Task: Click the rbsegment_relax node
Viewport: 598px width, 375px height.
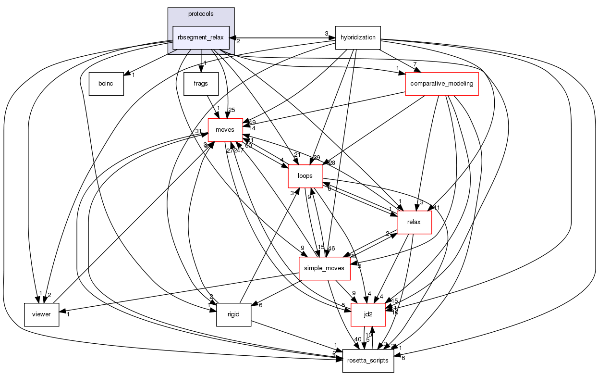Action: coord(201,38)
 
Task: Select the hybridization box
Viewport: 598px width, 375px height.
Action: coord(358,37)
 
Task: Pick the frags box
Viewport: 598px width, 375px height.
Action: coord(201,84)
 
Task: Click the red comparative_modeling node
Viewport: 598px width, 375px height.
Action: coord(442,84)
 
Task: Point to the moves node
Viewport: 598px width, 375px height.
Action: coord(225,130)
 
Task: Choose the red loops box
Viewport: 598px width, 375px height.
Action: coord(305,176)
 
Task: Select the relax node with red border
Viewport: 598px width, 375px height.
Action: coord(414,222)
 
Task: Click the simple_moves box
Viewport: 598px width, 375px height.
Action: coord(325,268)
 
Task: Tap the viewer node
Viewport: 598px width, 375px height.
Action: coord(42,314)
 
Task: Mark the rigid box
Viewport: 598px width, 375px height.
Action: coord(234,314)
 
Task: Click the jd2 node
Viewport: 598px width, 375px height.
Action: coord(368,314)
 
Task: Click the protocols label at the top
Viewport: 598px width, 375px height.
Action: coord(201,14)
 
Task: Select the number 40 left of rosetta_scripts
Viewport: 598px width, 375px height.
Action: coord(357,339)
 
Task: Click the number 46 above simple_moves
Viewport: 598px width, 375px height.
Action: coord(331,248)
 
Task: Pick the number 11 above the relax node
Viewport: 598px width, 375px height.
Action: coord(437,208)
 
